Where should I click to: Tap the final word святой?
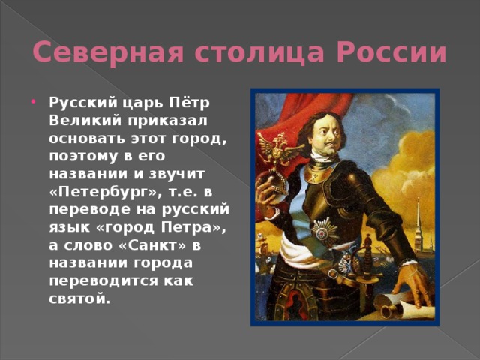pyautogui.click(x=79, y=298)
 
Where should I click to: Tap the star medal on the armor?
pyautogui.click(x=324, y=229)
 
